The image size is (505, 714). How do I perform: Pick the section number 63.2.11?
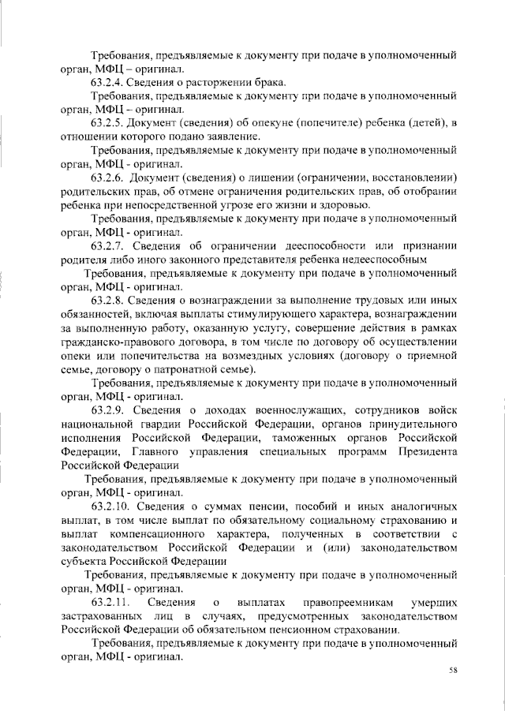coord(110,602)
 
